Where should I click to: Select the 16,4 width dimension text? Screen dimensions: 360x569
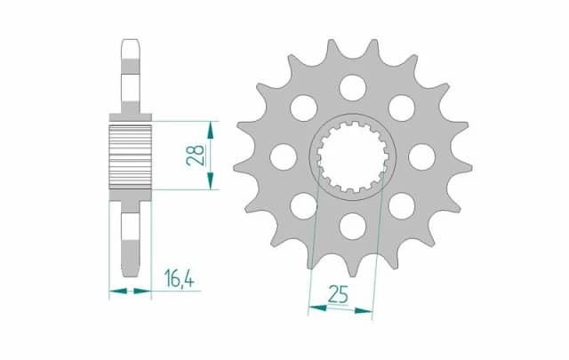(179, 279)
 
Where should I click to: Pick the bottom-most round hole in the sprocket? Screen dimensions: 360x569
(353, 224)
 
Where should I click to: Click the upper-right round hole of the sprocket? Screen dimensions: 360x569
(402, 108)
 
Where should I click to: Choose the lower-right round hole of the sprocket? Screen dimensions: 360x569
(401, 204)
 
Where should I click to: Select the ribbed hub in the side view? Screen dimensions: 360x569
(131, 155)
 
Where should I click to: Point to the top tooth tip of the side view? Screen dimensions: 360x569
(130, 42)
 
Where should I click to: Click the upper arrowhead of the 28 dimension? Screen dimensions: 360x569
(211, 125)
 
